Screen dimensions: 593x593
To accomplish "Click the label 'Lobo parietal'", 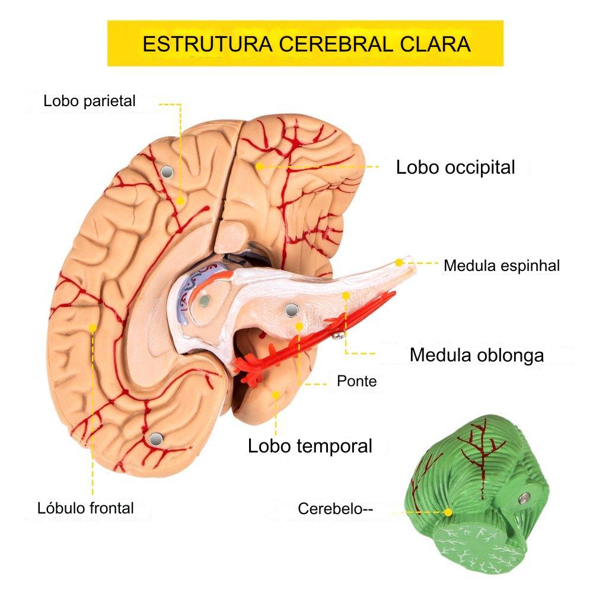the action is click(x=90, y=101).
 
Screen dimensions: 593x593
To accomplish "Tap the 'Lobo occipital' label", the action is click(x=455, y=168).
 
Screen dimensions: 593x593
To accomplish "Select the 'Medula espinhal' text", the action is click(x=502, y=266).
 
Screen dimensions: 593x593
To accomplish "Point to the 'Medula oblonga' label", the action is click(x=477, y=355).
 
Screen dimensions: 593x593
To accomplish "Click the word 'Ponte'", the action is click(x=356, y=381).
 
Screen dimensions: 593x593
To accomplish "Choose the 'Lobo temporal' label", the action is click(x=310, y=447).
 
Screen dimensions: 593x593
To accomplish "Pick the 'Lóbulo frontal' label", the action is click(x=85, y=508).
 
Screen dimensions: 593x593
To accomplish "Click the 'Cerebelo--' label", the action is click(x=335, y=509).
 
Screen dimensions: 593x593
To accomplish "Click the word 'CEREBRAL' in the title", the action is click(x=337, y=44).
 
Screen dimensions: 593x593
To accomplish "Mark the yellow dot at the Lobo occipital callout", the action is click(x=260, y=167).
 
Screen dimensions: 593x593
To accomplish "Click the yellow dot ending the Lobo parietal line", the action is click(x=180, y=201).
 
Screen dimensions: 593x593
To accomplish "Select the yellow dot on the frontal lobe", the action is click(x=93, y=327).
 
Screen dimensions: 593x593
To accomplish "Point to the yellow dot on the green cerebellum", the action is click(x=448, y=513).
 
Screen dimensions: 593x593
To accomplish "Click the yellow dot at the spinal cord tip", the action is click(x=399, y=262).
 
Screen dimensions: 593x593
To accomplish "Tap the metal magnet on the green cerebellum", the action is click(x=525, y=499).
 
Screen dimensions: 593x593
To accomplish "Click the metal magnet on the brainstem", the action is click(x=291, y=311).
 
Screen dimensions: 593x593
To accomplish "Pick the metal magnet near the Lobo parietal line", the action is click(x=167, y=172).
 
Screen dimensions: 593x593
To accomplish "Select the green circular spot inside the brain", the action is click(x=205, y=301).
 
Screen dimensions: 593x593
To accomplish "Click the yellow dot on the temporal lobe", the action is click(x=276, y=395).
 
